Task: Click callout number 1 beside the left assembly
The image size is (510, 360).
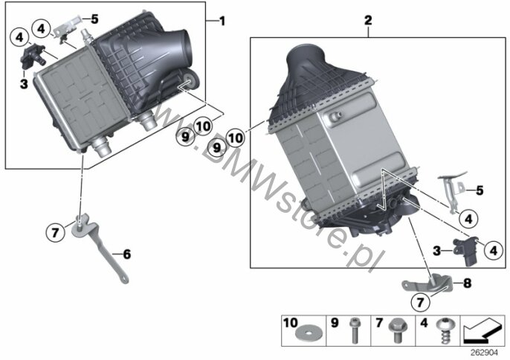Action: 222,22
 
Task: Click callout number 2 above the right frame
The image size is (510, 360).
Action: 368,21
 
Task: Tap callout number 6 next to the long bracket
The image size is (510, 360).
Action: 127,254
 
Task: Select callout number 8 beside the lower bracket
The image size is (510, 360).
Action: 468,283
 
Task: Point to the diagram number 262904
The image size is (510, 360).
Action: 485,353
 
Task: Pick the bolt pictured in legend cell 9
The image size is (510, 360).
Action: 354,330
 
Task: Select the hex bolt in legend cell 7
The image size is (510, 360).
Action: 397,330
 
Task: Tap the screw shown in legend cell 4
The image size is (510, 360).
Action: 444,331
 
